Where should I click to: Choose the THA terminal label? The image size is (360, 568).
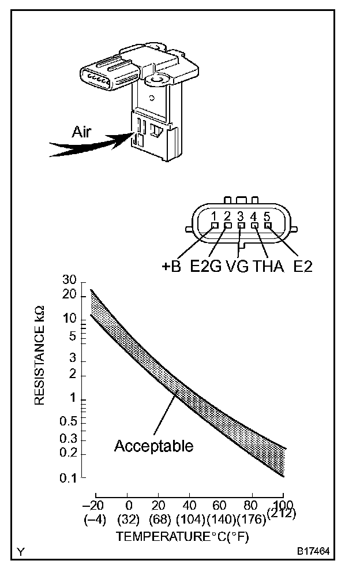pyautogui.click(x=269, y=267)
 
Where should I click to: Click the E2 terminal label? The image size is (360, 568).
pyautogui.click(x=302, y=267)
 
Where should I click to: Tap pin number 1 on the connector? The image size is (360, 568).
pyautogui.click(x=214, y=217)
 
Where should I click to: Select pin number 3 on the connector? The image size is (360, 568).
pyautogui.click(x=241, y=217)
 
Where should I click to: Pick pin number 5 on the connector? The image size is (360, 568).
pyautogui.click(x=267, y=217)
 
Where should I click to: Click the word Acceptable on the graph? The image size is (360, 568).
pyautogui.click(x=153, y=446)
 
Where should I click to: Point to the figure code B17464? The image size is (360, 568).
pyautogui.click(x=314, y=551)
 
